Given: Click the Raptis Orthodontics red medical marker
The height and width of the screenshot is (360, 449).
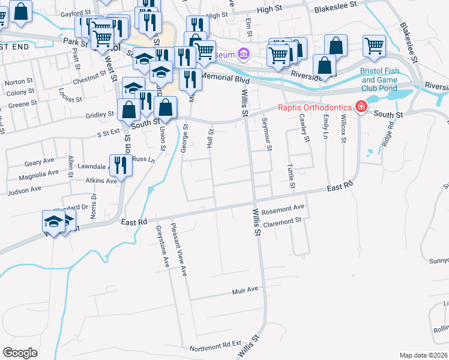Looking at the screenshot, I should point(361,107).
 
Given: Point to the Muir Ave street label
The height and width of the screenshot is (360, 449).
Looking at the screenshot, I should point(245,290).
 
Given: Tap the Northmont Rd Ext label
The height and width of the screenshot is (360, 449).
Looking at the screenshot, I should point(215,347).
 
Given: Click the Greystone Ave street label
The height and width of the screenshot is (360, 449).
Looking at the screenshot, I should point(161,246).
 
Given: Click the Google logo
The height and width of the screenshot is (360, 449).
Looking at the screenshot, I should point(20,353).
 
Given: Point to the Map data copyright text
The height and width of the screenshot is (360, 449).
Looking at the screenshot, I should point(424,355).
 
